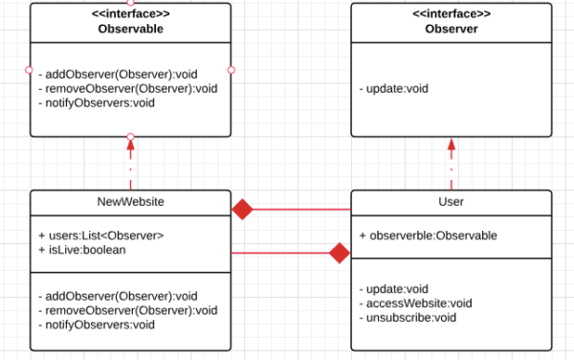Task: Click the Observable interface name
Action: click(130, 29)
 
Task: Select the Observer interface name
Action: click(451, 29)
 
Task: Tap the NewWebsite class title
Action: click(130, 202)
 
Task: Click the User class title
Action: click(451, 202)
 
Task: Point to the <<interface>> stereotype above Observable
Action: click(130, 14)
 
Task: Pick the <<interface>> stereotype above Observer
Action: click(451, 14)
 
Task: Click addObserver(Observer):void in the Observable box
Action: click(118, 74)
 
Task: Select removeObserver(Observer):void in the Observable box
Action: click(127, 88)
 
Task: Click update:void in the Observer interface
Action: click(394, 89)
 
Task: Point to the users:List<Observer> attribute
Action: click(101, 236)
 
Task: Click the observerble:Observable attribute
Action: click(428, 236)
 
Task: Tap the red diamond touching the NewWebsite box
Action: click(243, 209)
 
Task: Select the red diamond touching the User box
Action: click(339, 253)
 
